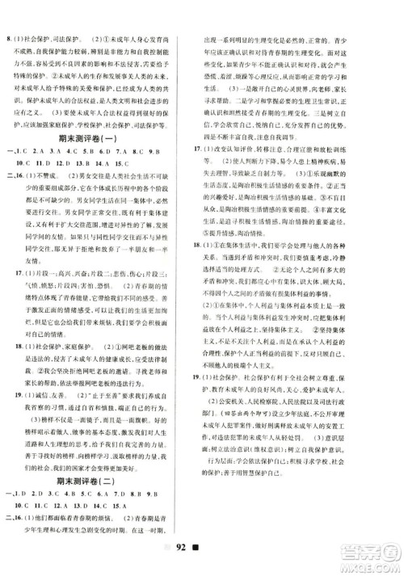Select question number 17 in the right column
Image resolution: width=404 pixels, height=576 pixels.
[x=213, y=149]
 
